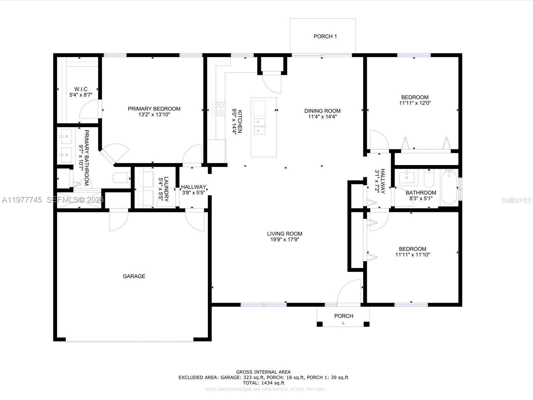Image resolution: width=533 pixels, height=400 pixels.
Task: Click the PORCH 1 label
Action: tap(325, 36)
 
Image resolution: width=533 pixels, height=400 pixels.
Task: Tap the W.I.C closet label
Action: tap(81, 89)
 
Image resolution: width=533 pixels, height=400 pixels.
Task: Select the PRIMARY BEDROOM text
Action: tap(154, 109)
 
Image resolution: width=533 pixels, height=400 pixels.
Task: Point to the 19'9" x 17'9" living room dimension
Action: tap(284, 239)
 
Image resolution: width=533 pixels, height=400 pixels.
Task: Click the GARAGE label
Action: tap(134, 276)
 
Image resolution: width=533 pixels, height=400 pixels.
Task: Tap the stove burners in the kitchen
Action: tap(219, 109)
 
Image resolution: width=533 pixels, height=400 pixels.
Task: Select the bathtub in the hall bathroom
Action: tap(449, 187)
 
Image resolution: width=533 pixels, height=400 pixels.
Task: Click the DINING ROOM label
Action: tap(322, 111)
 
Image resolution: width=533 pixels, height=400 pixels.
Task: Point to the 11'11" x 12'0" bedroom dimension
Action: tap(415, 103)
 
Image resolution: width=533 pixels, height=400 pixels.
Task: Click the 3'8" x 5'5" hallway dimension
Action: tap(193, 193)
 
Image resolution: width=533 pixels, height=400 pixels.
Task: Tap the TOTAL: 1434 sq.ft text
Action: tap(263, 383)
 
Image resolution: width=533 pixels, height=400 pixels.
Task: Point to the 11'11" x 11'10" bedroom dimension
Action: tap(412, 255)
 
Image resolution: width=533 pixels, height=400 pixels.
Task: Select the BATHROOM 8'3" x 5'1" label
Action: tap(421, 195)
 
